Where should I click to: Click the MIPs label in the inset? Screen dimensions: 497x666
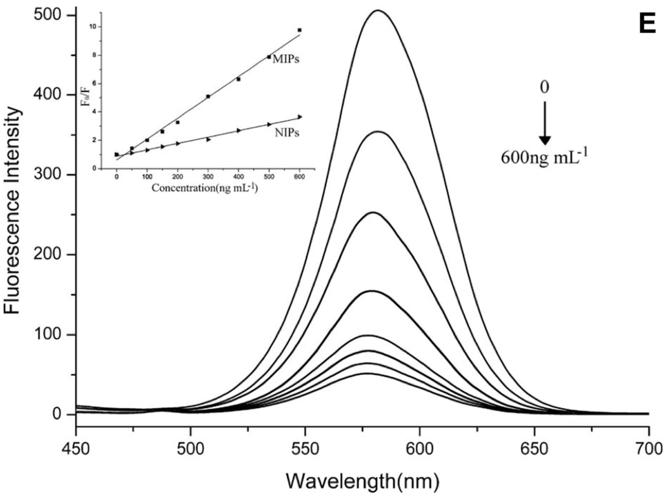(286, 59)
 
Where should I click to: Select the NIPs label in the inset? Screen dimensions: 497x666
(287, 133)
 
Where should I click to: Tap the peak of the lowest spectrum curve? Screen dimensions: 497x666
(367, 374)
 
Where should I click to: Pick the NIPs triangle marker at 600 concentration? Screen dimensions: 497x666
(300, 117)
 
